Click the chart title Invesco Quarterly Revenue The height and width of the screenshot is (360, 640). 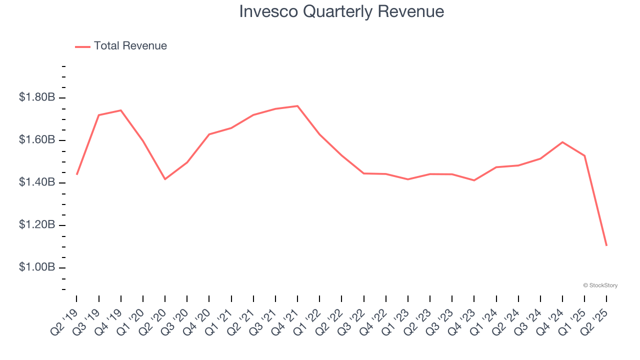tap(341, 11)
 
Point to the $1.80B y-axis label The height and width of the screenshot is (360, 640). tap(37, 97)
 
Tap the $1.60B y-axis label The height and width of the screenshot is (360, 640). tap(37, 140)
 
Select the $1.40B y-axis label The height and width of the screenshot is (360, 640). tap(37, 182)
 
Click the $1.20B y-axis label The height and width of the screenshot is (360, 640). tap(37, 225)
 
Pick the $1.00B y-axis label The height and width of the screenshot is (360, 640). tap(37, 267)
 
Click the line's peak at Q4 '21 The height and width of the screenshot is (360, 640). tap(297, 106)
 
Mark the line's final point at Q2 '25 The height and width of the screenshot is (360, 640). tap(606, 245)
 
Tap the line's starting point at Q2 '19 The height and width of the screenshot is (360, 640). tap(76, 174)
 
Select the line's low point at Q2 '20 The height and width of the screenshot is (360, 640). tap(165, 179)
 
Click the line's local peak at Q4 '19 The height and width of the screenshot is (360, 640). tap(120, 110)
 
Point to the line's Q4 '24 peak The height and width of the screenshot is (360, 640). tap(562, 142)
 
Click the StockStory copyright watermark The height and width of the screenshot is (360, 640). tap(600, 285)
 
